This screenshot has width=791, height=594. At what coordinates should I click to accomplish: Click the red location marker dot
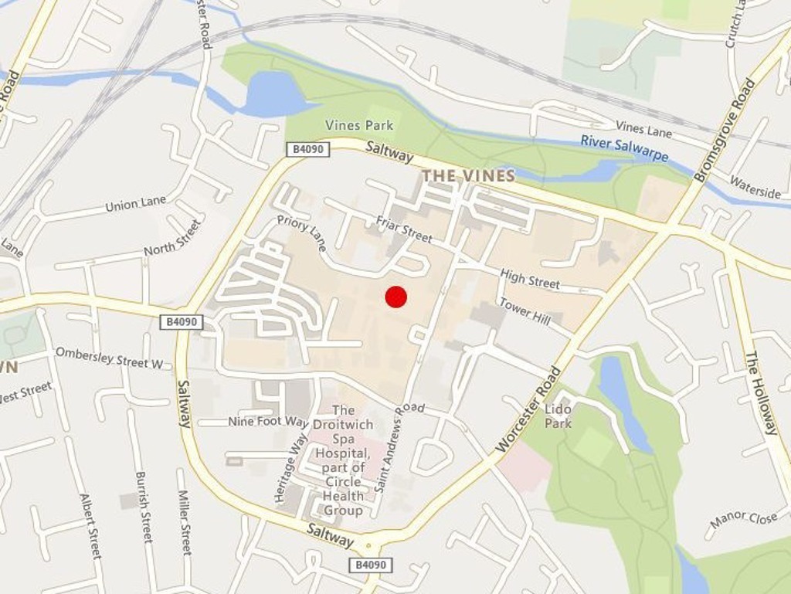tap(395, 297)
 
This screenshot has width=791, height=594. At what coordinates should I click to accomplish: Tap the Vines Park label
tap(358, 125)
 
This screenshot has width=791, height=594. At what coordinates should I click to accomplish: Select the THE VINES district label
tap(468, 176)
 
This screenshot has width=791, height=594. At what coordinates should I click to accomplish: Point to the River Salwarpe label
tap(624, 148)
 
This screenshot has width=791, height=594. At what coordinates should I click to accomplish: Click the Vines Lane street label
tap(643, 129)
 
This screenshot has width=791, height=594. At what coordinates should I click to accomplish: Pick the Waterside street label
tap(755, 188)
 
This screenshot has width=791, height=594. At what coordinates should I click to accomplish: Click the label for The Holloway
tap(761, 392)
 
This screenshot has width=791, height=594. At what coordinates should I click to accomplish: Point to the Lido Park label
tap(558, 416)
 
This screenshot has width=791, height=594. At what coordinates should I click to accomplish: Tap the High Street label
tap(530, 278)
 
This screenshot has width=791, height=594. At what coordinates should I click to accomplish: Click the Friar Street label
tap(404, 229)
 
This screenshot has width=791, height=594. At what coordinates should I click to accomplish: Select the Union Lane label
tap(135, 204)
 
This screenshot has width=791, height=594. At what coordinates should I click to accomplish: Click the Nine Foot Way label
tap(268, 422)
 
